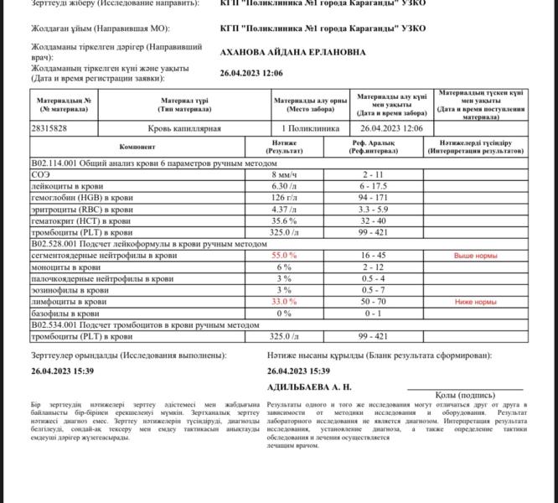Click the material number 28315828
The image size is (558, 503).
[x=49, y=128]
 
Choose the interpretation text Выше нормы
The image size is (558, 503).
[x=475, y=254]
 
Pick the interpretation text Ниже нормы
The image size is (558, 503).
[x=475, y=301]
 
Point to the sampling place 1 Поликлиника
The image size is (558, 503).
[x=311, y=128]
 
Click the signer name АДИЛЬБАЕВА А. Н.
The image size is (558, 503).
[x=309, y=387]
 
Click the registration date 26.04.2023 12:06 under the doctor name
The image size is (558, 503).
[x=251, y=73]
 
